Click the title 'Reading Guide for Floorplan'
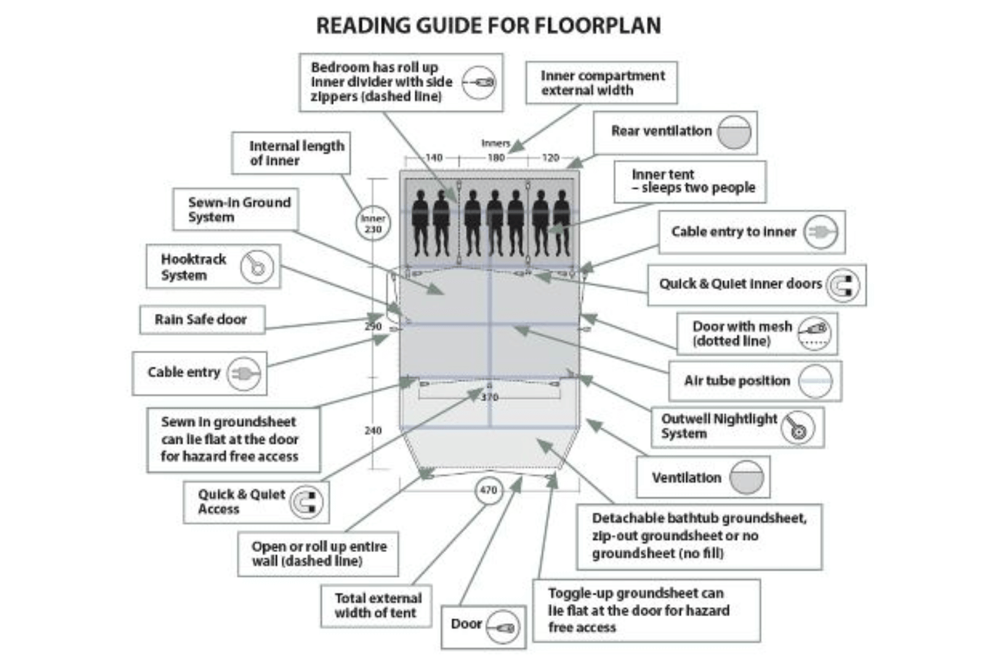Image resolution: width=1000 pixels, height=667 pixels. pos(488,25)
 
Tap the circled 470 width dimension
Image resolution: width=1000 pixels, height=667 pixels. pos(488,490)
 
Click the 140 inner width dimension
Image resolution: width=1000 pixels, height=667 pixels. pos(434,158)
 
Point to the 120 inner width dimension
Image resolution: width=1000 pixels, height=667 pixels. pos(550,158)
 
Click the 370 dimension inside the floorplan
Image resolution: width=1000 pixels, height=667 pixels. pos(489,398)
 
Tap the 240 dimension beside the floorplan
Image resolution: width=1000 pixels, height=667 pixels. pos(373,431)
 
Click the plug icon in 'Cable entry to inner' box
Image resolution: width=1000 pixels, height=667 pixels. pos(820,232)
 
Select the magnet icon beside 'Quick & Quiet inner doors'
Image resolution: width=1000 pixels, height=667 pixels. pos(843,285)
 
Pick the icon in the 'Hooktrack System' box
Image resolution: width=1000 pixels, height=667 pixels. pos(257,267)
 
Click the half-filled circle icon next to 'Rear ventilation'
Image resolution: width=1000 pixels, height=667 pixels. pos(734,133)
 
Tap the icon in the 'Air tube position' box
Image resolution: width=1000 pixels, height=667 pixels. pos(815,381)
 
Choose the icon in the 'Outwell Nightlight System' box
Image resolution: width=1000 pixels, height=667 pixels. pos(797,428)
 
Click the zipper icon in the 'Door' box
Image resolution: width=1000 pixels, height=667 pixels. pos(503,627)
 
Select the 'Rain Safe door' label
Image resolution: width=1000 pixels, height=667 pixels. pos(201,320)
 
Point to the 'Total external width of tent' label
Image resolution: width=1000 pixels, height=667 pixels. pos(377,605)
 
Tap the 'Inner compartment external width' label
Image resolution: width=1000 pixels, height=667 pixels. pos(602,83)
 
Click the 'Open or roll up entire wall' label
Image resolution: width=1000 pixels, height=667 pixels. pos(318,553)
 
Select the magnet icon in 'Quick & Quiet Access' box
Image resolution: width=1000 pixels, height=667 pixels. pos(306,502)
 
